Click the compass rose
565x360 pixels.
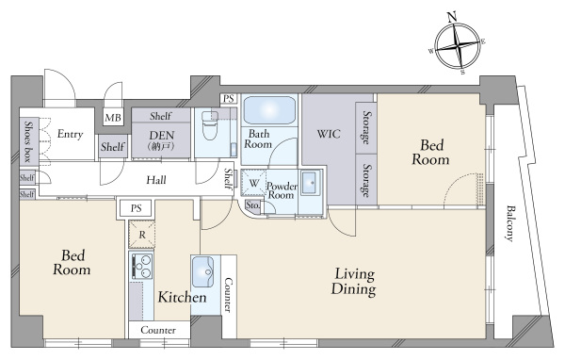tap(458, 46)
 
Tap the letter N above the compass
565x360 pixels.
tap(451, 17)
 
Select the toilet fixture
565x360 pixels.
tap(210, 125)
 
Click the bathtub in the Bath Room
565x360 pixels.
tap(269, 109)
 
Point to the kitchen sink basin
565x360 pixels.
tap(202, 271)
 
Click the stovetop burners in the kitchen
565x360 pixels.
tap(142, 266)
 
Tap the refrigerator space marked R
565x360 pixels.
tap(142, 235)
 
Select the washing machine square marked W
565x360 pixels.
tap(253, 183)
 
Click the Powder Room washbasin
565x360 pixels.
tap(311, 183)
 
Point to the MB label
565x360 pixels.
tap(113, 118)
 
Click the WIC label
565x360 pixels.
tap(329, 134)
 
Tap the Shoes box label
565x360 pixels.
tap(27, 141)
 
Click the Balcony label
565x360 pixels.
tap(509, 223)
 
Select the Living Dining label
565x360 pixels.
tap(354, 282)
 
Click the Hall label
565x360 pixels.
tap(156, 180)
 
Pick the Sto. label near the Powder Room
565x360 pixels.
tap(252, 205)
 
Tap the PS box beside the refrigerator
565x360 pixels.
tap(136, 208)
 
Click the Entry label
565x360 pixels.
tap(71, 134)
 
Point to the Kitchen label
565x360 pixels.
tap(183, 297)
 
